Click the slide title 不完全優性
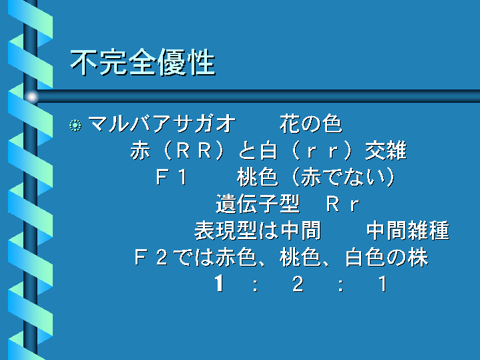point(143,63)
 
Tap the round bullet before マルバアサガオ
point(75,126)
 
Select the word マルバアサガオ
point(162,124)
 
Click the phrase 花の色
point(310,124)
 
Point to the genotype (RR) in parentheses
point(194,151)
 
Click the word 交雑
point(386,151)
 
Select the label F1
point(172,177)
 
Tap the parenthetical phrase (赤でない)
point(343,177)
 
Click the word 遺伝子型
point(258,204)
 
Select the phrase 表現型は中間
point(258,230)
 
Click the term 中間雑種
point(408,230)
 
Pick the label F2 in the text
point(151,257)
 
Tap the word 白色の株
point(387,257)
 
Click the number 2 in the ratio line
point(298,284)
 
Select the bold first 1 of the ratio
point(219,283)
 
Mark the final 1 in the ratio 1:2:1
point(383,284)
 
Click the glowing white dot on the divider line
point(31,97)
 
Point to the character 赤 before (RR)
point(140,151)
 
